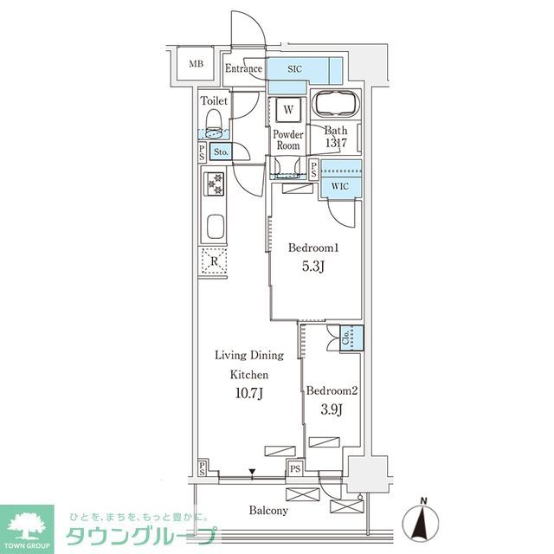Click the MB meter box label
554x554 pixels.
point(196,64)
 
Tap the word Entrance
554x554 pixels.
point(243,69)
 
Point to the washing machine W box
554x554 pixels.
point(287,110)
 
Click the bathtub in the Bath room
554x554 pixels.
point(338,104)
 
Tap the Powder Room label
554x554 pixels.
point(287,140)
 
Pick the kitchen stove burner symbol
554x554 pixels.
point(213,184)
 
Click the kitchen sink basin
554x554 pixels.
point(214,229)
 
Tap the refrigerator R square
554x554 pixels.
point(213,261)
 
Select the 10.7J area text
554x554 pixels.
point(248,395)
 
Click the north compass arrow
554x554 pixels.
point(423,522)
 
